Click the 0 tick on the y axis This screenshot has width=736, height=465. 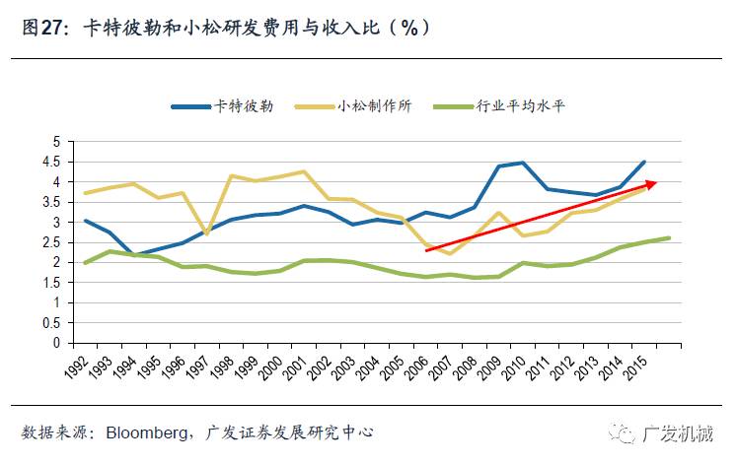tap(57, 344)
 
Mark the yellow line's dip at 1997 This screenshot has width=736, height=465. tap(206, 234)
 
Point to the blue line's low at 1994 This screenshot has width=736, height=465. tap(134, 256)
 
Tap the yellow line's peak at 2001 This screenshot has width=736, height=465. tap(303, 172)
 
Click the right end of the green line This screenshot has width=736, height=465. tap(670, 237)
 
